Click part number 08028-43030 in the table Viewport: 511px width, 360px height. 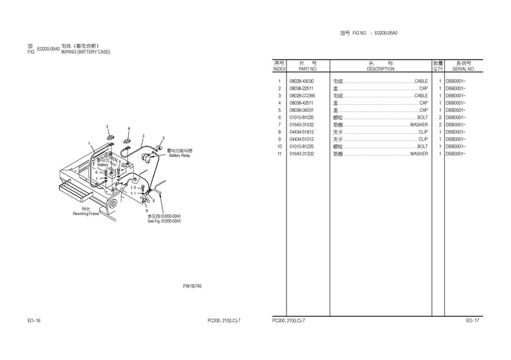click(302, 81)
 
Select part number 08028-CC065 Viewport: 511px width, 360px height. click(302, 95)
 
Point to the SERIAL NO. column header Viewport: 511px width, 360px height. click(464, 69)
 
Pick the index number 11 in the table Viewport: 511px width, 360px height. click(279, 154)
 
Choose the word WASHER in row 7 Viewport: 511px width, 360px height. click(419, 125)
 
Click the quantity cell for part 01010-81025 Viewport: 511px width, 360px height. click(440, 117)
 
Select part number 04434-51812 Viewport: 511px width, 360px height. click(302, 132)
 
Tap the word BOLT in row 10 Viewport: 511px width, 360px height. click(422, 147)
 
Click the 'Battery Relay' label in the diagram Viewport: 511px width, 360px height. click(179, 156)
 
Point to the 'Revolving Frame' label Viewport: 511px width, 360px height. click(86, 214)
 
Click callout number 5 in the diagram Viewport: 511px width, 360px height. click(163, 139)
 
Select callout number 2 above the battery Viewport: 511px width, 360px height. click(107, 126)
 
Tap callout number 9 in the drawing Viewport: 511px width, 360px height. click(147, 210)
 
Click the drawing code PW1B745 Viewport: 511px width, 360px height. click(192, 285)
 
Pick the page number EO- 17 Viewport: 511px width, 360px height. click(473, 320)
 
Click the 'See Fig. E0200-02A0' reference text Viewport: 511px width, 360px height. click(164, 221)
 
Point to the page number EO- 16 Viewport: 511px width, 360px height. click(34, 320)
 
